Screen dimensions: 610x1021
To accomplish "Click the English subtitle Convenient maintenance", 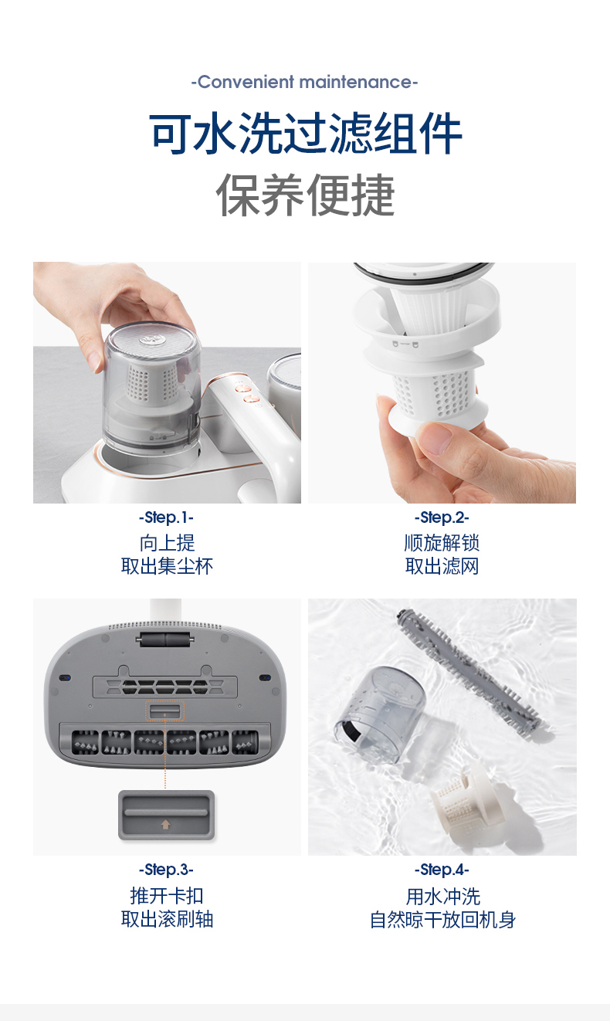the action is coord(304,82).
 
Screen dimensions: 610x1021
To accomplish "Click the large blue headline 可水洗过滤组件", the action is coord(305,134).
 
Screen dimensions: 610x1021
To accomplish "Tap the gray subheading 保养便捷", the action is coord(305,195).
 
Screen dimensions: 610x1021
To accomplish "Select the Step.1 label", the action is coord(166,517).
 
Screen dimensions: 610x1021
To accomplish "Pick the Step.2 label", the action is coord(442,517).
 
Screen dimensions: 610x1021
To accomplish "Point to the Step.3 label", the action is coord(166,869).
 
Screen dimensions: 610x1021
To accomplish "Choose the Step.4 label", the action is coord(442,869).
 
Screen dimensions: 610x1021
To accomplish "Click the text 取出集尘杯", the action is coord(167,566).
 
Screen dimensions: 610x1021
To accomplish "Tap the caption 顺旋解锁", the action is coord(442,542).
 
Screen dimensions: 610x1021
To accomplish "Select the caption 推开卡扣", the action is coord(167,895).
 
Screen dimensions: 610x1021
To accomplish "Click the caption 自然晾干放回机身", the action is coord(442,919).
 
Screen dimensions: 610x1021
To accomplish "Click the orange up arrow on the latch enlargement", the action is coord(165,824).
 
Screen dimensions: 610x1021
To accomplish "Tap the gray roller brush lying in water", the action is coord(469,671).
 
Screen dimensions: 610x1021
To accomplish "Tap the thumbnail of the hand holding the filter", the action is coord(442,383).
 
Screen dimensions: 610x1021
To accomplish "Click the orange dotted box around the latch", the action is coord(165,711).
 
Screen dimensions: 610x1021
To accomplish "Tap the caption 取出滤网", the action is coord(442,566).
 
